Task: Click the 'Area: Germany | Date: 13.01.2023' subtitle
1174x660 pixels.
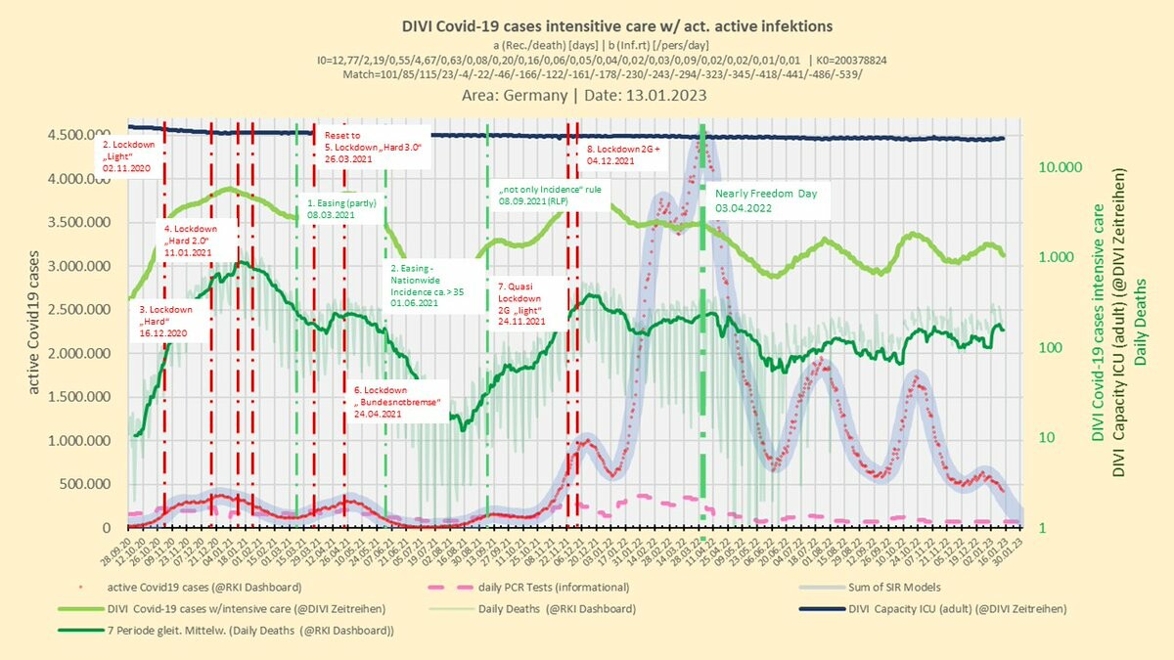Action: tap(584, 96)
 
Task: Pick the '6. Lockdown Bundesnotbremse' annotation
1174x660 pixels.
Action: tap(399, 402)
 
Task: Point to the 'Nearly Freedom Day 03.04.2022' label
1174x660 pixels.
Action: tap(766, 200)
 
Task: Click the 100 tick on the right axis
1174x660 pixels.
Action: tap(1053, 348)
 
